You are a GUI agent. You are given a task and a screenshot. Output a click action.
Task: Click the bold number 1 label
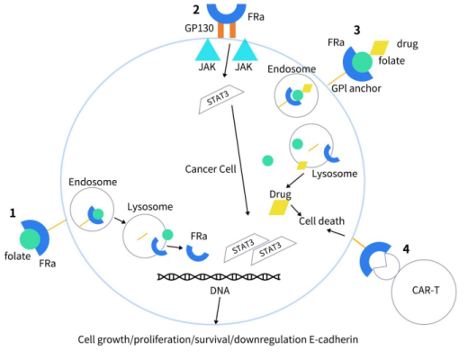[13, 213]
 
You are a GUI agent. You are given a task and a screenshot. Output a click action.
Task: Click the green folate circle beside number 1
[32, 238]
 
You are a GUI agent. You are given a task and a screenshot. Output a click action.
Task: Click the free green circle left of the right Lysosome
[267, 160]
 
